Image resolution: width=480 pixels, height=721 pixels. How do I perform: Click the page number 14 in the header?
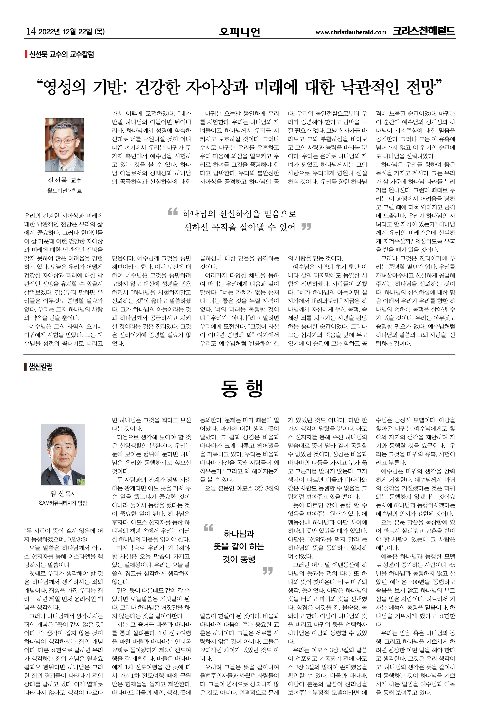coord(31,31)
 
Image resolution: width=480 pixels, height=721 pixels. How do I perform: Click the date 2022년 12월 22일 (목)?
coord(72,31)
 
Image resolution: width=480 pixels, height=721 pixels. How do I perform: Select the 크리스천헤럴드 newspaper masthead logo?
coord(424,31)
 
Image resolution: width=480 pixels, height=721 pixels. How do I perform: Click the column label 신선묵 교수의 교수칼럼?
coord(61,55)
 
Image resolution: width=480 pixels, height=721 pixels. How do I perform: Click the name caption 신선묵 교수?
coord(65,180)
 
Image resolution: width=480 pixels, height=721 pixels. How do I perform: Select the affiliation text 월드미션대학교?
coord(65,191)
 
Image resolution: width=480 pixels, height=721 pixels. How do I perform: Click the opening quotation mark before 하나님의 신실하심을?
coord(173,211)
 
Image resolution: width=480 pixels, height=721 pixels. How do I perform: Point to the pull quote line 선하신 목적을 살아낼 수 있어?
coord(239,227)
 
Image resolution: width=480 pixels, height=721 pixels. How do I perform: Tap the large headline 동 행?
coord(242,389)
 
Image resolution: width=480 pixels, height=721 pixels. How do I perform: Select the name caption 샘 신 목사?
coord(63,493)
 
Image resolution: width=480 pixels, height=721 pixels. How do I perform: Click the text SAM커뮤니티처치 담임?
coord(63,503)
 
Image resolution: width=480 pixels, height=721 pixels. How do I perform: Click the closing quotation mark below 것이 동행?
coord(268,571)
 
